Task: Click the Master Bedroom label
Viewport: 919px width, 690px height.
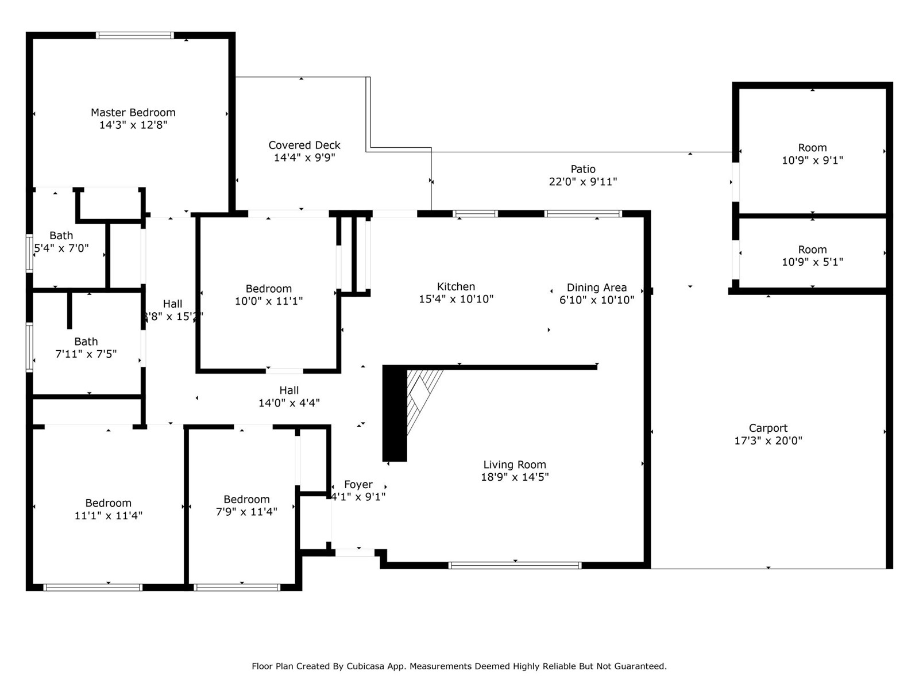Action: (133, 112)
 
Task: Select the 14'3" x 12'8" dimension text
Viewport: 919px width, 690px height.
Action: (133, 125)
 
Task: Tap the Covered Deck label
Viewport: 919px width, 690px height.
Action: (304, 145)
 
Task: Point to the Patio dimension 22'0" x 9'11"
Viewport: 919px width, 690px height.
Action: (583, 182)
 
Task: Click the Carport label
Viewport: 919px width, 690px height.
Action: (768, 428)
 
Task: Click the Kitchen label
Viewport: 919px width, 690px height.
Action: (456, 286)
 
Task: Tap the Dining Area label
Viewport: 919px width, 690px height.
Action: (597, 287)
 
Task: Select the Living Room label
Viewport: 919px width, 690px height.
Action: (515, 465)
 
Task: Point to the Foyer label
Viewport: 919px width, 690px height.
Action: (358, 484)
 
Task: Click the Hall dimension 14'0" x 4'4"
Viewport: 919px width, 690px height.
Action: (289, 403)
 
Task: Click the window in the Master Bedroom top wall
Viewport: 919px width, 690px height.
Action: (134, 35)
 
